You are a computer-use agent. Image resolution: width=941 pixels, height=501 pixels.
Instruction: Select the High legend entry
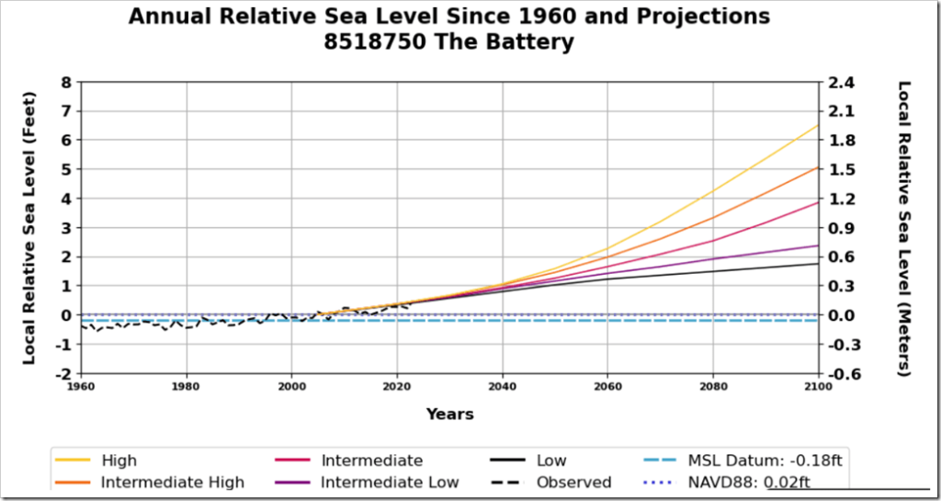click(119, 461)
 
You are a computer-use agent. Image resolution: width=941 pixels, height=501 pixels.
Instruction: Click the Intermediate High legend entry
click(172, 482)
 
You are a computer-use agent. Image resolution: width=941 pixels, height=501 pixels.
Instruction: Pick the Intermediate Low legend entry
click(390, 482)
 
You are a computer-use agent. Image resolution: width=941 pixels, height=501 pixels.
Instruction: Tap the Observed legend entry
click(573, 482)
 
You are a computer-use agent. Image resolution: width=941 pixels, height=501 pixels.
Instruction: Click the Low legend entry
click(551, 461)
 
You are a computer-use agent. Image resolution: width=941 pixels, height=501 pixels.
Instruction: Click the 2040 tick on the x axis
click(502, 385)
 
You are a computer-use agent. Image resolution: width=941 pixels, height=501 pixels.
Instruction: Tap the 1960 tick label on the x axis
click(82, 385)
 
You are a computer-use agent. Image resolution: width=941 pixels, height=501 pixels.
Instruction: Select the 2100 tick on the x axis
click(817, 385)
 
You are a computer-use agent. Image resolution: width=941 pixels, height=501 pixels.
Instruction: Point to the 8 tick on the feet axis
click(65, 82)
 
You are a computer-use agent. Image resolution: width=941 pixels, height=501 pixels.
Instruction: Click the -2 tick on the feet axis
click(62, 374)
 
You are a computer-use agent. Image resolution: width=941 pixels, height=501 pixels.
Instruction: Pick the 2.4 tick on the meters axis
click(842, 82)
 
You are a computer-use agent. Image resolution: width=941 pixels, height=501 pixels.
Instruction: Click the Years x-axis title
click(449, 414)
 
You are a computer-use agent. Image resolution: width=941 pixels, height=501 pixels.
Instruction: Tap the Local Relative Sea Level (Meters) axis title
click(904, 228)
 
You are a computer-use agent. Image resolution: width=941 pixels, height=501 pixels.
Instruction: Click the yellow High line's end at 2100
click(817, 125)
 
